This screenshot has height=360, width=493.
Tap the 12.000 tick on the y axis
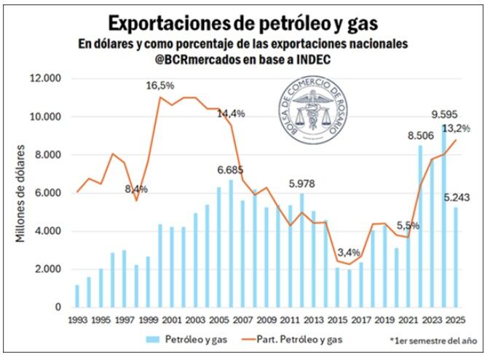47,79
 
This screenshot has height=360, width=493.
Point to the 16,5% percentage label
161,86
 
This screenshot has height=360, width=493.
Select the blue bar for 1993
77,296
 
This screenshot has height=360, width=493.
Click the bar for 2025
457,257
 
